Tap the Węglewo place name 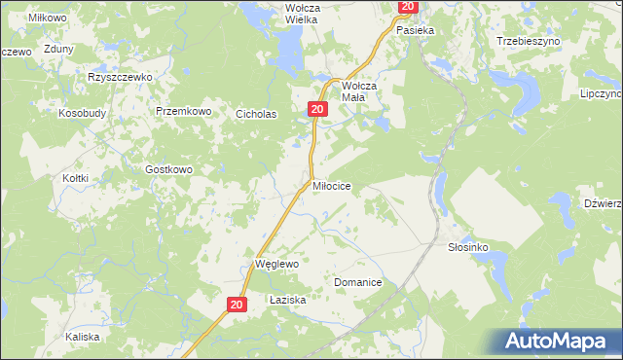tap(275, 264)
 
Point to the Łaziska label tap(287, 301)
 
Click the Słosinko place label tap(467, 247)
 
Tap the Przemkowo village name tap(184, 112)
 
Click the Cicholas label tap(257, 114)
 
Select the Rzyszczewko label tap(122, 77)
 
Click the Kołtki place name tap(75, 178)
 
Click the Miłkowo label tap(47, 18)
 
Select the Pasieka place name tap(414, 30)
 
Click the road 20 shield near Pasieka tap(407, 7)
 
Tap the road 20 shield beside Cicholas tap(317, 110)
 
